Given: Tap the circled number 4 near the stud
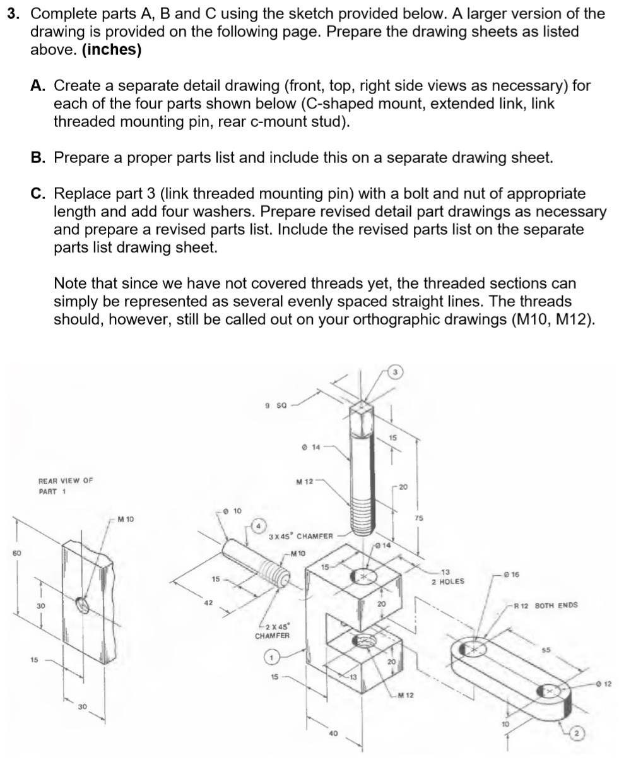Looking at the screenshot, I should coord(258,525).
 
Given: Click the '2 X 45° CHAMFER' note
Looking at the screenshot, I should coord(272,629).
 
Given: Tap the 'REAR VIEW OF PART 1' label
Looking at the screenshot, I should coord(66,485).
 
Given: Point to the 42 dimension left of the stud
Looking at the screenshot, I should coord(208,602).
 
